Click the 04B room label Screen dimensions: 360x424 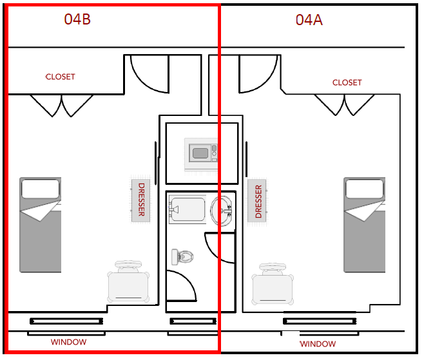coord(77,19)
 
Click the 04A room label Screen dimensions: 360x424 coord(309,20)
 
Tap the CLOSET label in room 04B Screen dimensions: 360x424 coord(60,77)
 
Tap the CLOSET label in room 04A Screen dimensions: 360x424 coord(347,82)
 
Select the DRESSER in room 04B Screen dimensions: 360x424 coord(141,200)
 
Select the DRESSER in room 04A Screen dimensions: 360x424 coord(258,202)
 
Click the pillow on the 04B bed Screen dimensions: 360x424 coord(41,189)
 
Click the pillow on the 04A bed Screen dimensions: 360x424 coord(365,188)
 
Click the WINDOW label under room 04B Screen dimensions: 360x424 coord(68,342)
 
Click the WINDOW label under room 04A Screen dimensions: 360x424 coord(318,344)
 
